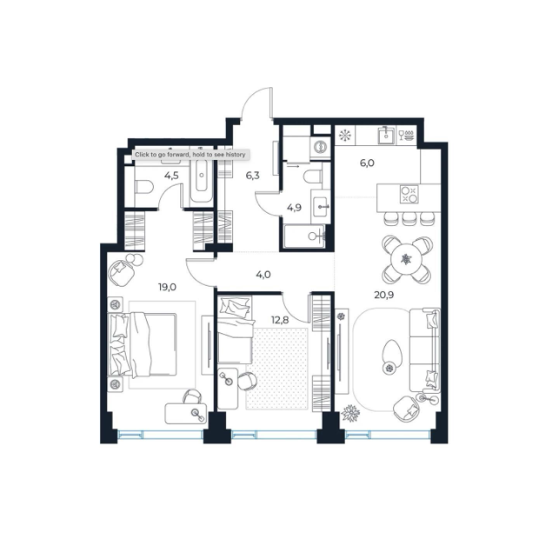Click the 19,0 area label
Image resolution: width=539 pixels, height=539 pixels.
(x=167, y=287)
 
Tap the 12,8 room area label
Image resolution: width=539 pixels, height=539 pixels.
(x=280, y=320)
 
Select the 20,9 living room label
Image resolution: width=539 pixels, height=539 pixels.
(x=384, y=295)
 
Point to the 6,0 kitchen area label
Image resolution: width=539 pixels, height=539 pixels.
(x=367, y=163)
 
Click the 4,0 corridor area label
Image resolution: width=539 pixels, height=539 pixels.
(x=263, y=275)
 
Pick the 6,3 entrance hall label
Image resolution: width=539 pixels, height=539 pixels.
(x=252, y=176)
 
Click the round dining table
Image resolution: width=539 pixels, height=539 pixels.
(x=406, y=259)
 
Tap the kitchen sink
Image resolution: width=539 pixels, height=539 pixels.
(x=386, y=135)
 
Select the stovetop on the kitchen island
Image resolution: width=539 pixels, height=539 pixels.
(x=409, y=194)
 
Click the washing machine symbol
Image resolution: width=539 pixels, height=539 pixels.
(x=320, y=147)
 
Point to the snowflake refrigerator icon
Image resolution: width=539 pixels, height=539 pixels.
(x=344, y=135)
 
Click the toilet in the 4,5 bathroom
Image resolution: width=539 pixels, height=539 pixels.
(x=143, y=187)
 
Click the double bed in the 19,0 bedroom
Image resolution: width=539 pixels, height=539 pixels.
(x=143, y=343)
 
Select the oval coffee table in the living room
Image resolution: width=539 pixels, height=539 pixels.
(x=392, y=356)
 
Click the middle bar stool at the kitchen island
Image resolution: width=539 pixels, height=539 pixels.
(x=409, y=218)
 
